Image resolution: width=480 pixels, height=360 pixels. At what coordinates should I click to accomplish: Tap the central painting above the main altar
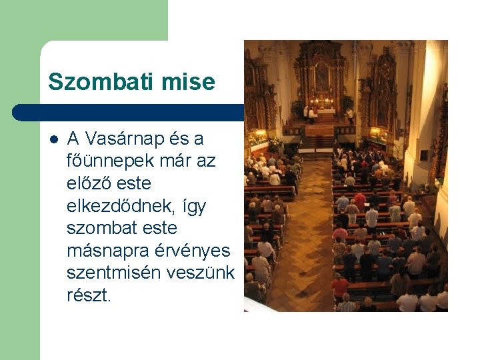click(321, 77)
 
